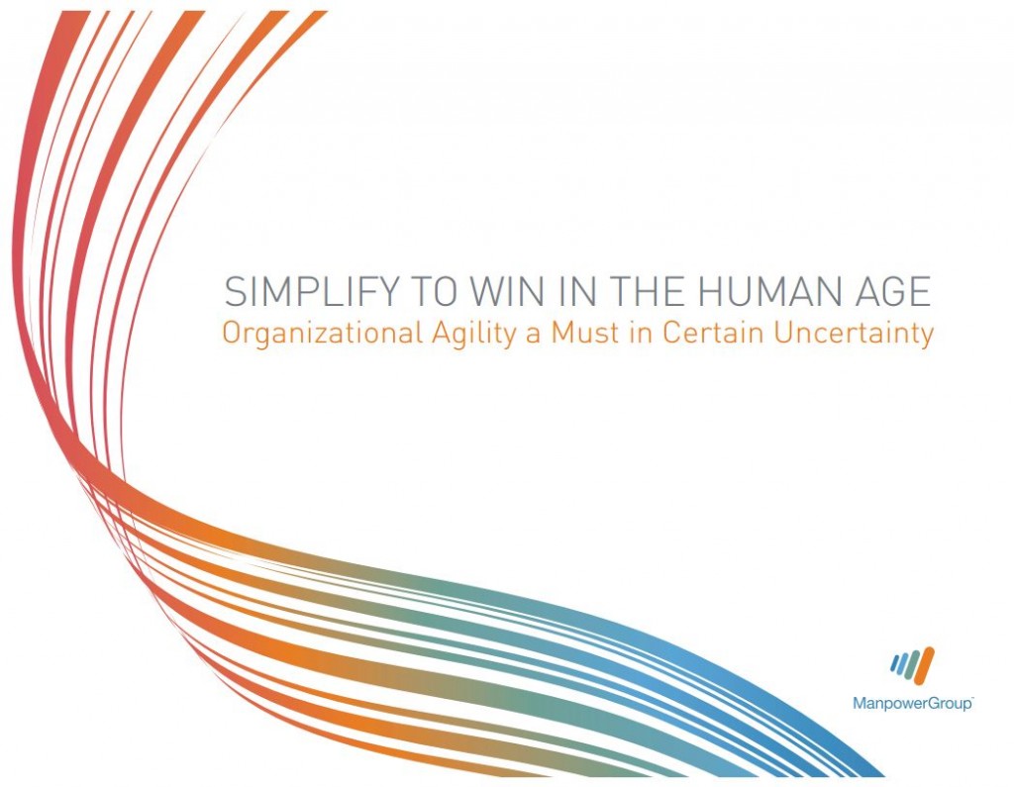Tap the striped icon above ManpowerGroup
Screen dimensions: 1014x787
click(912, 665)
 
